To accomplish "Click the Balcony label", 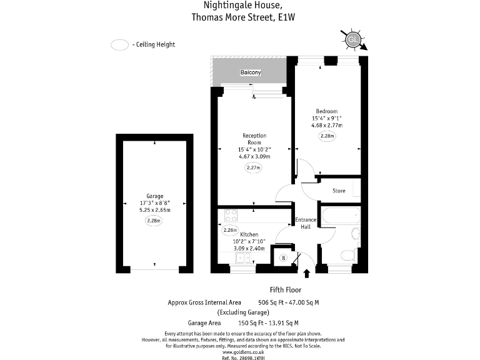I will point(251,73).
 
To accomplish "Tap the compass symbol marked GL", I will point(352,39).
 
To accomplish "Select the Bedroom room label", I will point(326,111).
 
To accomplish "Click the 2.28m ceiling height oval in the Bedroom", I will point(327,136).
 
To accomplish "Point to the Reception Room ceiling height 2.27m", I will point(252,167).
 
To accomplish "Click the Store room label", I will point(339,191).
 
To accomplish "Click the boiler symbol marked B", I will point(283,257).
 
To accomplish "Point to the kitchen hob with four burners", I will point(229,216).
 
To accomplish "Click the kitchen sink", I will point(241,257).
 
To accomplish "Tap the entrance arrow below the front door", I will point(306,273).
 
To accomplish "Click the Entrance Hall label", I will point(306,223).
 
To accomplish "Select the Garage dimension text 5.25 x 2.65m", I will point(154,210).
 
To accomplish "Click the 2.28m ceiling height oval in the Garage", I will point(154,221).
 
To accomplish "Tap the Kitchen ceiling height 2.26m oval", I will point(229,230).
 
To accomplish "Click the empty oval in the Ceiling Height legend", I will point(119,44).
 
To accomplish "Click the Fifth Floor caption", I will point(286,290).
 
